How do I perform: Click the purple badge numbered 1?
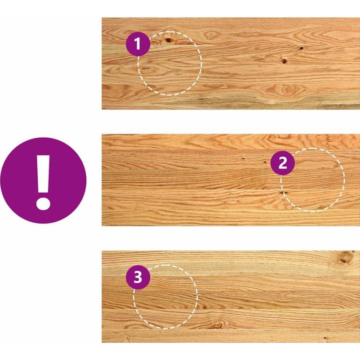[x=138, y=44]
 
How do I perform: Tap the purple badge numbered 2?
[x=283, y=163]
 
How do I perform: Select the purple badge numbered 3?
[x=138, y=277]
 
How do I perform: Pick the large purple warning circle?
[x=43, y=180]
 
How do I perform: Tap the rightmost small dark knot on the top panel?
[x=301, y=48]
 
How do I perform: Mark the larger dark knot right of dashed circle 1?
[x=284, y=61]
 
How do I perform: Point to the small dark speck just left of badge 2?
[x=265, y=162]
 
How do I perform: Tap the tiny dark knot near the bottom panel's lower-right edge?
[x=325, y=338]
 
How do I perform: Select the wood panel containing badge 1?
[x=231, y=63]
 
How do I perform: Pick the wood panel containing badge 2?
[x=231, y=180]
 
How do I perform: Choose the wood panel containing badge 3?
[x=231, y=297]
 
